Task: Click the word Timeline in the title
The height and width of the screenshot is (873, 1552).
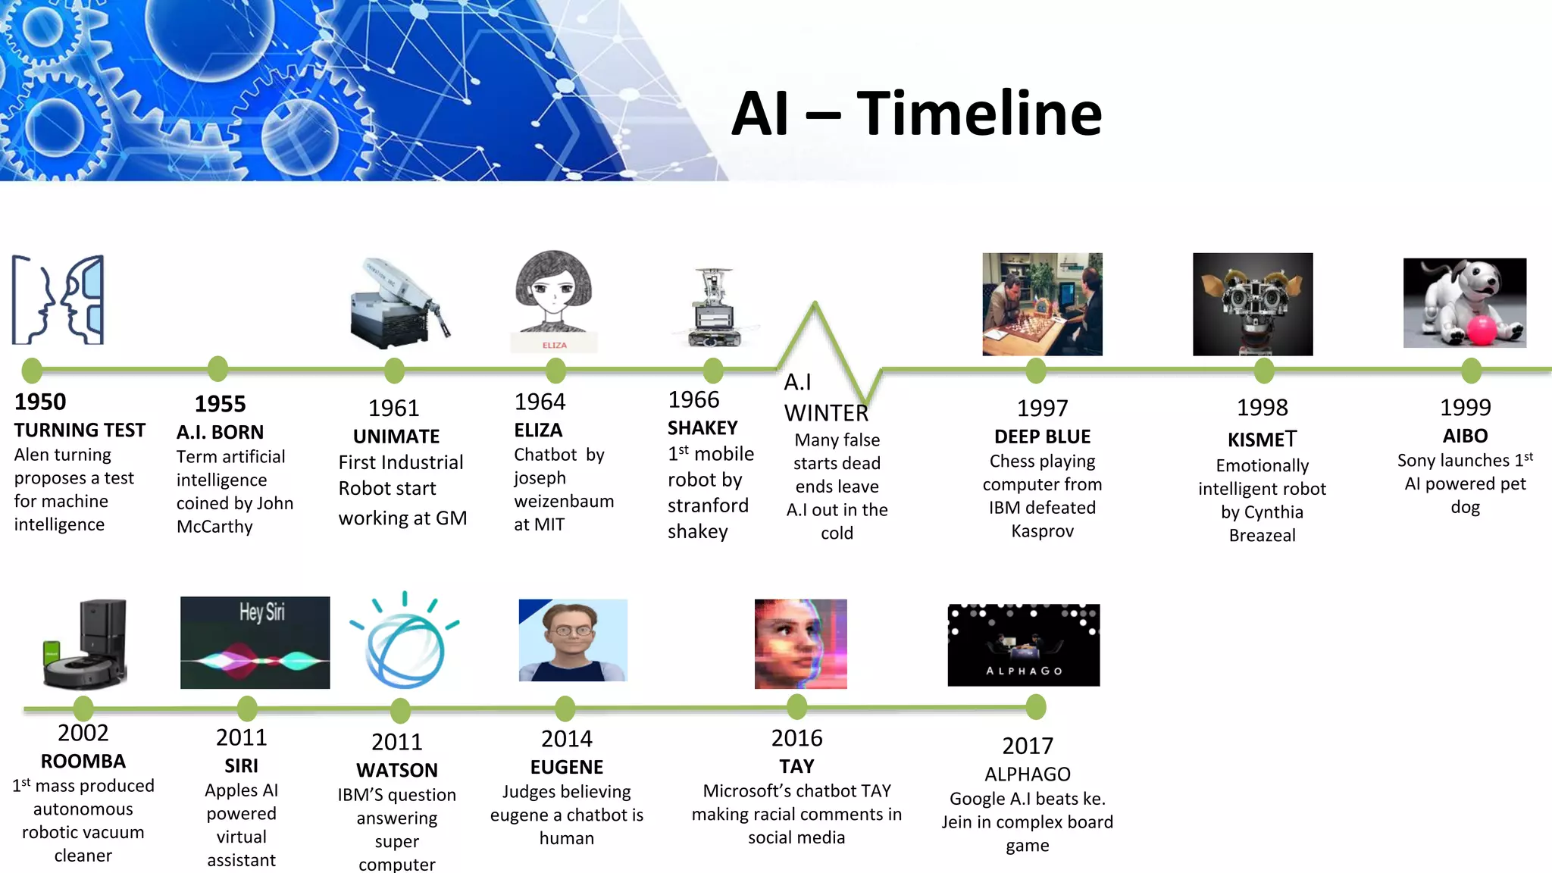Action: point(979,114)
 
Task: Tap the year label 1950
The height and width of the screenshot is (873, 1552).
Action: point(40,402)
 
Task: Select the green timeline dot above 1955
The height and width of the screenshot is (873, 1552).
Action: point(217,369)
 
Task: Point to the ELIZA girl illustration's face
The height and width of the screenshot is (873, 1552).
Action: point(553,292)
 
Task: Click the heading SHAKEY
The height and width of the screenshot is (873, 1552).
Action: point(702,428)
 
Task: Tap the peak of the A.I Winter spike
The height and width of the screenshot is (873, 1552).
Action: point(815,305)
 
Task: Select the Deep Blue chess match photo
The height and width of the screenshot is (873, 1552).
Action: point(1042,304)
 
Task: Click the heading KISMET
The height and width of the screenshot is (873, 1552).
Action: point(1262,440)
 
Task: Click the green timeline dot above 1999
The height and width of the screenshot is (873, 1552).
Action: point(1471,371)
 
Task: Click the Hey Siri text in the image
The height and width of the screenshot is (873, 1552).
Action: point(262,612)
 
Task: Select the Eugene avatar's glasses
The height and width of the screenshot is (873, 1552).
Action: point(571,630)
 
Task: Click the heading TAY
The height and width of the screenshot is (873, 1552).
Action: point(796,766)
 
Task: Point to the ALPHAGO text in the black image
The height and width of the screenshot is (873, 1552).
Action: point(1024,671)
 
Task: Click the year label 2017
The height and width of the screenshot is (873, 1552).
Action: point(1028,746)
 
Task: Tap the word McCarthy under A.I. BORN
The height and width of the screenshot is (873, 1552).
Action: point(214,527)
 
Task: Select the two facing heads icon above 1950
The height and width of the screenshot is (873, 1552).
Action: point(58,300)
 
